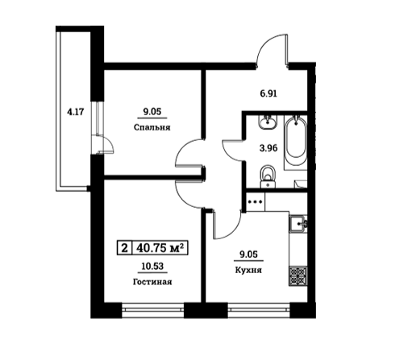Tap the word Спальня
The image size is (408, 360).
click(x=152, y=127)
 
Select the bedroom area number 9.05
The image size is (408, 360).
click(x=152, y=113)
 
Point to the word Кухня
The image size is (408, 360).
click(x=248, y=271)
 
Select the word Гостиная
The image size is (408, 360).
click(x=152, y=282)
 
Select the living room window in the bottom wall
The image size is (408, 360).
click(x=152, y=308)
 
